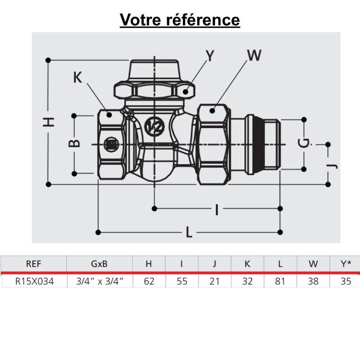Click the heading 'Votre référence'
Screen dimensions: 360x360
click(180, 20)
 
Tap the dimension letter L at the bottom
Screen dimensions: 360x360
click(189, 233)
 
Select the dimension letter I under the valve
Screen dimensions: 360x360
click(217, 209)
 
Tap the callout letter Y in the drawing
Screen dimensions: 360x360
click(210, 56)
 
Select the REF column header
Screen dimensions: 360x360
click(33, 264)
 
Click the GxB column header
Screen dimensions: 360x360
click(99, 264)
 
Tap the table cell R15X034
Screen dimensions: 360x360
click(33, 281)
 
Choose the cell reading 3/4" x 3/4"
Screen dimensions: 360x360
click(99, 281)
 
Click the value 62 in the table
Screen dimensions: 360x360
click(149, 281)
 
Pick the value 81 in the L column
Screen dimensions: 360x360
click(280, 281)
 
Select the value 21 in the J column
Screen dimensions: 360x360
click(214, 281)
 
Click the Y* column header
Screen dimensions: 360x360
click(346, 264)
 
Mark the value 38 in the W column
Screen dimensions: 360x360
click(313, 281)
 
